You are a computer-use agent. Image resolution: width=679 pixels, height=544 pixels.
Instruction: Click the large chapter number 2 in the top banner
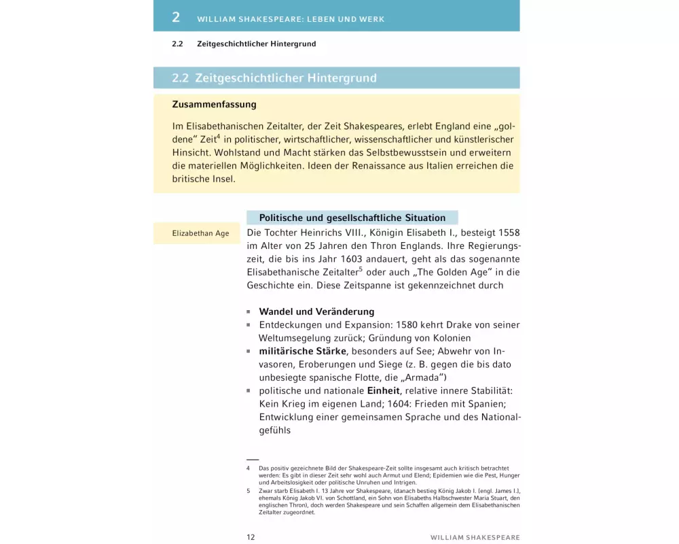click(176, 17)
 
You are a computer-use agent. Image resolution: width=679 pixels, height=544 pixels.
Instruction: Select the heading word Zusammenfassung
click(214, 105)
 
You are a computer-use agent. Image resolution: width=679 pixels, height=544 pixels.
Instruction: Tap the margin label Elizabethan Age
click(200, 233)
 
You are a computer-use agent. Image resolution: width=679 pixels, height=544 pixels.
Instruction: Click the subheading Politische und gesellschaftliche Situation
click(352, 218)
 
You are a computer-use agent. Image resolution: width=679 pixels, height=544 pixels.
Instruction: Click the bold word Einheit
click(384, 391)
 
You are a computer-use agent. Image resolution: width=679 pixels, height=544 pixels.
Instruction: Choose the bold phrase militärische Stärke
click(302, 351)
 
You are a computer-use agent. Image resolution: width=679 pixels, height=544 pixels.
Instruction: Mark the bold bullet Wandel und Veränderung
click(316, 311)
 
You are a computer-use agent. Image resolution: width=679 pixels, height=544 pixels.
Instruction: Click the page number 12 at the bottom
click(251, 537)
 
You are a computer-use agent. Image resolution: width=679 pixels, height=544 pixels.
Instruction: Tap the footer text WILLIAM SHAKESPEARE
click(475, 537)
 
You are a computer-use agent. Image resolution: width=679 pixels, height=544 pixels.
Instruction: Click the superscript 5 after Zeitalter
click(360, 269)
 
